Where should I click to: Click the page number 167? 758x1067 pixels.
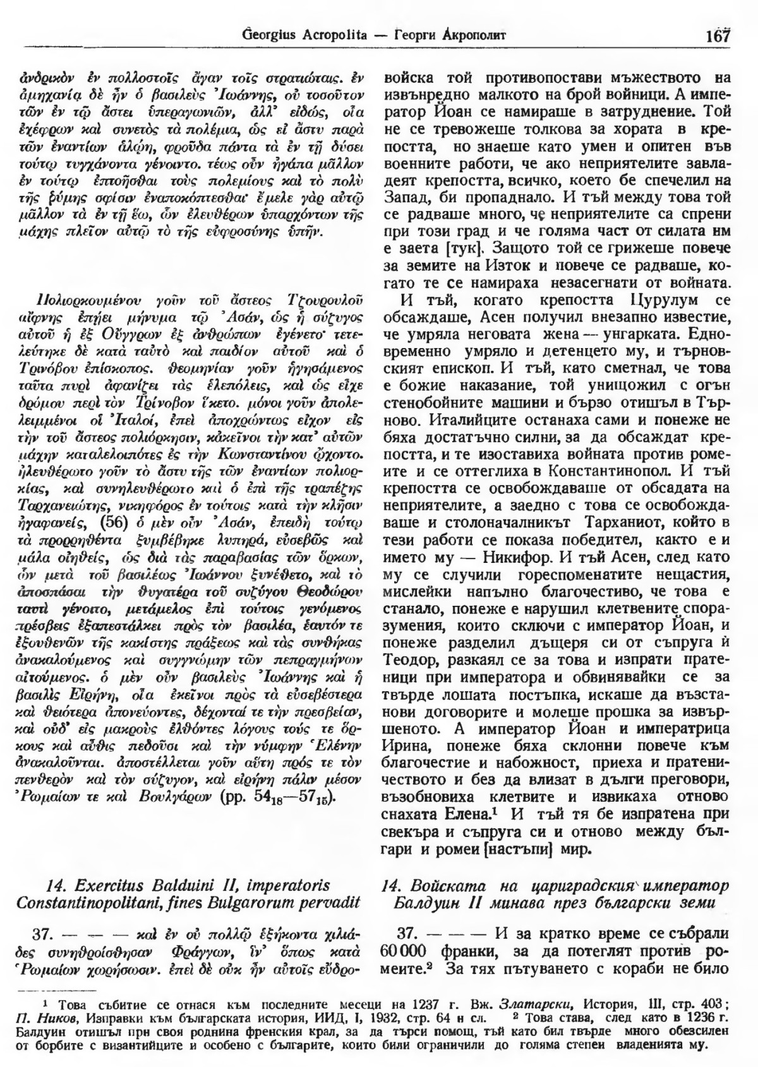718,34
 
